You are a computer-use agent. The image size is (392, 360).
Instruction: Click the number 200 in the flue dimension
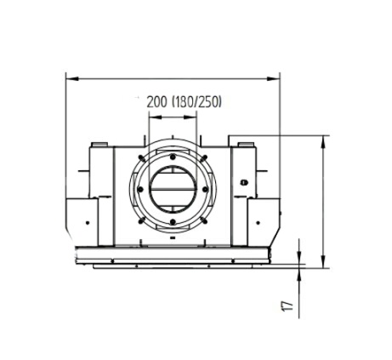pyautogui.click(x=156, y=102)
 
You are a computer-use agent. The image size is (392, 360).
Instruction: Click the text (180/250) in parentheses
pyautogui.click(x=196, y=102)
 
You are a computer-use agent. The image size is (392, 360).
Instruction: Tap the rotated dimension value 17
pyautogui.click(x=287, y=306)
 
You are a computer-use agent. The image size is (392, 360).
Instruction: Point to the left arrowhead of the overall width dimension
pyautogui.click(x=71, y=78)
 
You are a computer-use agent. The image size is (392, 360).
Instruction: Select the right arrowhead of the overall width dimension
pyautogui.click(x=274, y=78)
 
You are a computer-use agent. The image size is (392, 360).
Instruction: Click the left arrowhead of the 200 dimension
pyautogui.click(x=155, y=117)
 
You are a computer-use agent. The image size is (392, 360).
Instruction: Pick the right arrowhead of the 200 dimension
pyautogui.click(x=190, y=117)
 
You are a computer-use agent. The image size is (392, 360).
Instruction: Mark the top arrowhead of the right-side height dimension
pyautogui.click(x=323, y=141)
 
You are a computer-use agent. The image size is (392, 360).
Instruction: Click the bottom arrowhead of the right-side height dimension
pyautogui.click(x=323, y=261)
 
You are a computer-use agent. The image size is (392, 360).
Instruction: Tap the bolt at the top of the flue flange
pyautogui.click(x=173, y=157)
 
